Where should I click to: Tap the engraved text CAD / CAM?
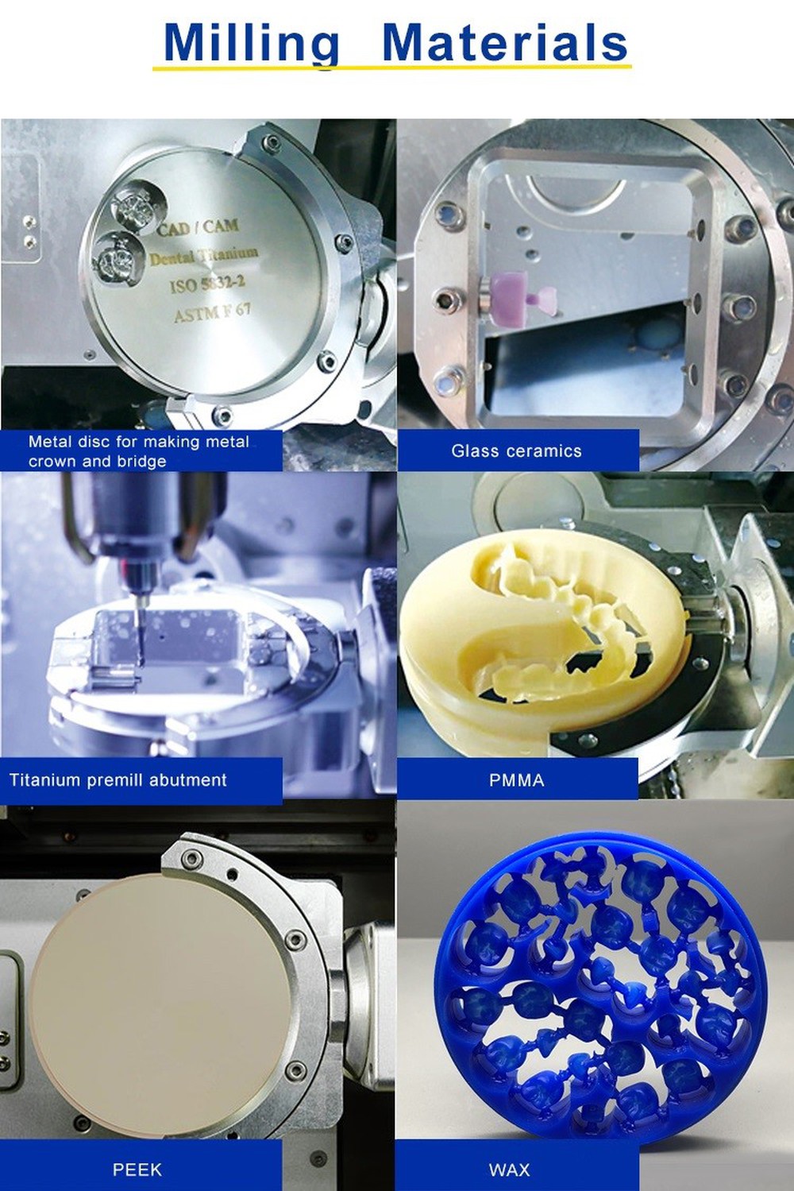tap(198, 227)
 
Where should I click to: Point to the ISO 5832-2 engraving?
tap(207, 283)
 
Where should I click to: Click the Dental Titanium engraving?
tap(204, 256)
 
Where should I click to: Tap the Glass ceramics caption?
tap(516, 451)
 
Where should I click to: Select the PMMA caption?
tap(516, 780)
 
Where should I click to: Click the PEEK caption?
tap(137, 1170)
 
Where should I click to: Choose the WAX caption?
tap(509, 1170)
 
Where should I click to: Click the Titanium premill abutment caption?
tap(118, 780)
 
